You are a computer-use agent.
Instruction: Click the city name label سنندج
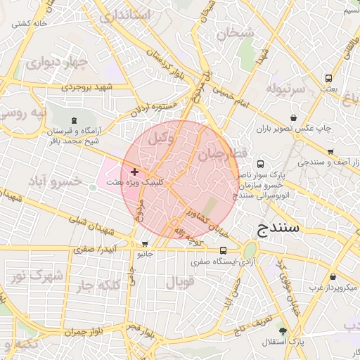(x=279, y=229)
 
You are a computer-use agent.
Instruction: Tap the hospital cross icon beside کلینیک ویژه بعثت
(x=134, y=172)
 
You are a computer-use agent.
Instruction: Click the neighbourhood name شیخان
(x=234, y=32)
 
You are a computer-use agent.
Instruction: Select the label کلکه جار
(x=98, y=284)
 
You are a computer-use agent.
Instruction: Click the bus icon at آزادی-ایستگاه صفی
(x=224, y=250)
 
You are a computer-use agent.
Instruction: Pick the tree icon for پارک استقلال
(x=283, y=331)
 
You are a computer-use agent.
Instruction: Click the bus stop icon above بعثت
(x=329, y=79)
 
